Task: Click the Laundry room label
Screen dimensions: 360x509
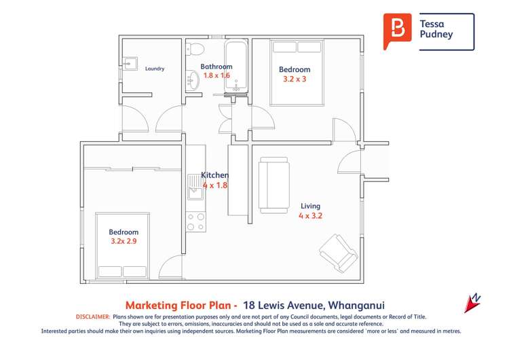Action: [x=155, y=69]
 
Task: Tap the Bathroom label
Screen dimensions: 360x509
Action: [x=216, y=67]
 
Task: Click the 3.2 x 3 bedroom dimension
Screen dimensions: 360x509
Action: [x=295, y=79]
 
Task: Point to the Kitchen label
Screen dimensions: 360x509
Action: [x=214, y=175]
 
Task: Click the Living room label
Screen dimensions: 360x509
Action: [x=310, y=206]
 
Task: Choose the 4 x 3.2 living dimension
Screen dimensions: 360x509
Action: [x=310, y=215]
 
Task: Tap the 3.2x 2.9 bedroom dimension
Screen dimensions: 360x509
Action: [x=124, y=240]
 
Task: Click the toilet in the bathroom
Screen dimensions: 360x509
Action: [x=196, y=48]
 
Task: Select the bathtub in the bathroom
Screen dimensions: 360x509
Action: [x=237, y=66]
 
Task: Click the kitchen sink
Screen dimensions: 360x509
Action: [x=195, y=183]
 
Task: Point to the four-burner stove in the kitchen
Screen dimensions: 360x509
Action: [x=195, y=222]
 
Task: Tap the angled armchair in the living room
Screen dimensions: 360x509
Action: [x=338, y=253]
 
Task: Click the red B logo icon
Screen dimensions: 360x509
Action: [x=397, y=30]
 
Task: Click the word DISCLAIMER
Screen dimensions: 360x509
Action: [x=91, y=317]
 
